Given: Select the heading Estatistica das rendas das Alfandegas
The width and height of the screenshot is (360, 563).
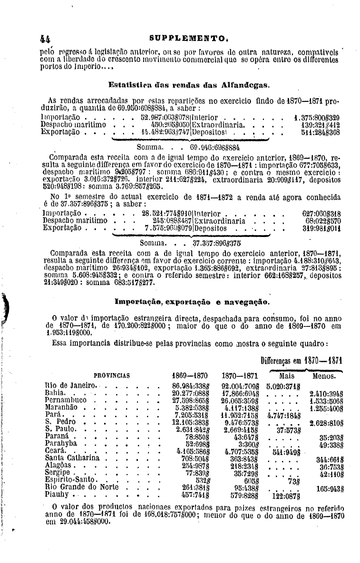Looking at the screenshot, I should (189, 86).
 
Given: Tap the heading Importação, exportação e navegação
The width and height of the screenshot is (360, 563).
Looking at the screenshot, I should (192, 302).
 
